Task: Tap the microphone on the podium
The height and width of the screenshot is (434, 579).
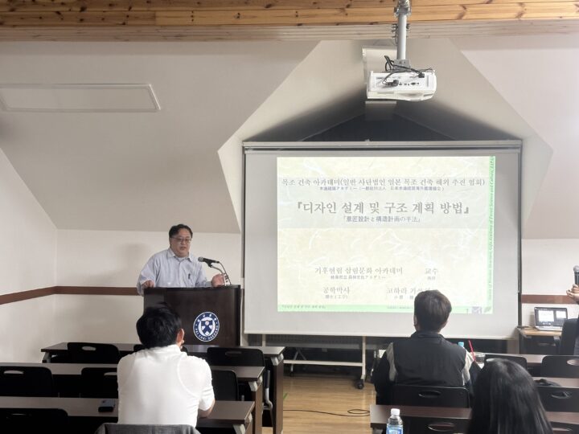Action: [207, 260]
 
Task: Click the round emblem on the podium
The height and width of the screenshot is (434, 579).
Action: [206, 325]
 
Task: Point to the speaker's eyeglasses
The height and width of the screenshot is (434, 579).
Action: [182, 240]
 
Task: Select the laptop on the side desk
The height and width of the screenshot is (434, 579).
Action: [550, 318]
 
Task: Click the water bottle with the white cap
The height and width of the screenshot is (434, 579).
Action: [394, 421]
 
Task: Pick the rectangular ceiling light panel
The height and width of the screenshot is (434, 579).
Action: [79, 98]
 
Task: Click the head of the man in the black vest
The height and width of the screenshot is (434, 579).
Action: [432, 312]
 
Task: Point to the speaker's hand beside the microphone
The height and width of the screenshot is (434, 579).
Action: [218, 279]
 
